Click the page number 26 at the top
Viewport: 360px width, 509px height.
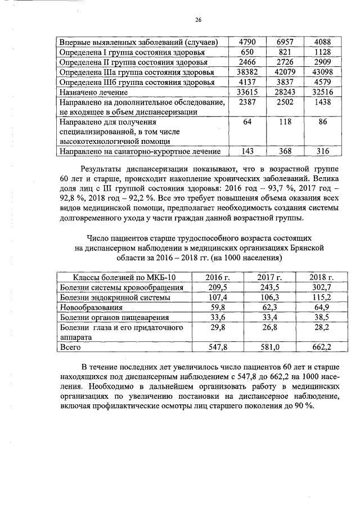click(x=198, y=20)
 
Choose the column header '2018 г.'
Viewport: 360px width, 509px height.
click(x=322, y=277)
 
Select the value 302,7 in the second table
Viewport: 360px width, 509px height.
click(x=322, y=287)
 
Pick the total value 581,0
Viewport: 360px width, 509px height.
click(x=269, y=348)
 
